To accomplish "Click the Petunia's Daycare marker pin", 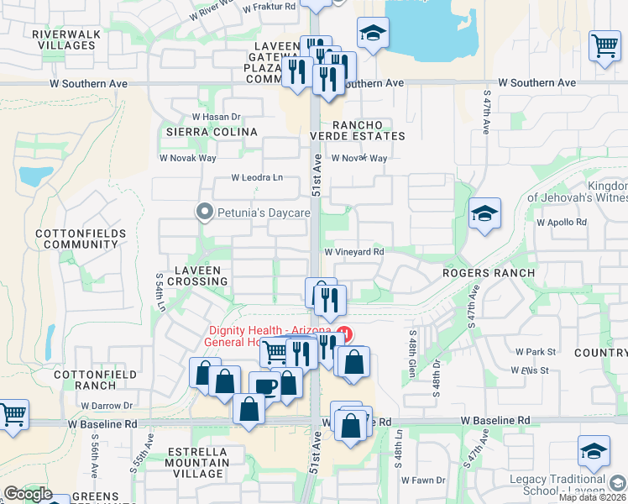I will [x=204, y=213].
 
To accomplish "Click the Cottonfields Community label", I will [x=81, y=239].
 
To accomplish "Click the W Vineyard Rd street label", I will [x=353, y=251].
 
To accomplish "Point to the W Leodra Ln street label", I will [x=258, y=178].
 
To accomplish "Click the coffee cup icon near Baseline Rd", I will [x=265, y=386].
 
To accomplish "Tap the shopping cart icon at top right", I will [x=604, y=45].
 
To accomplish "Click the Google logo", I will [x=28, y=494].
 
